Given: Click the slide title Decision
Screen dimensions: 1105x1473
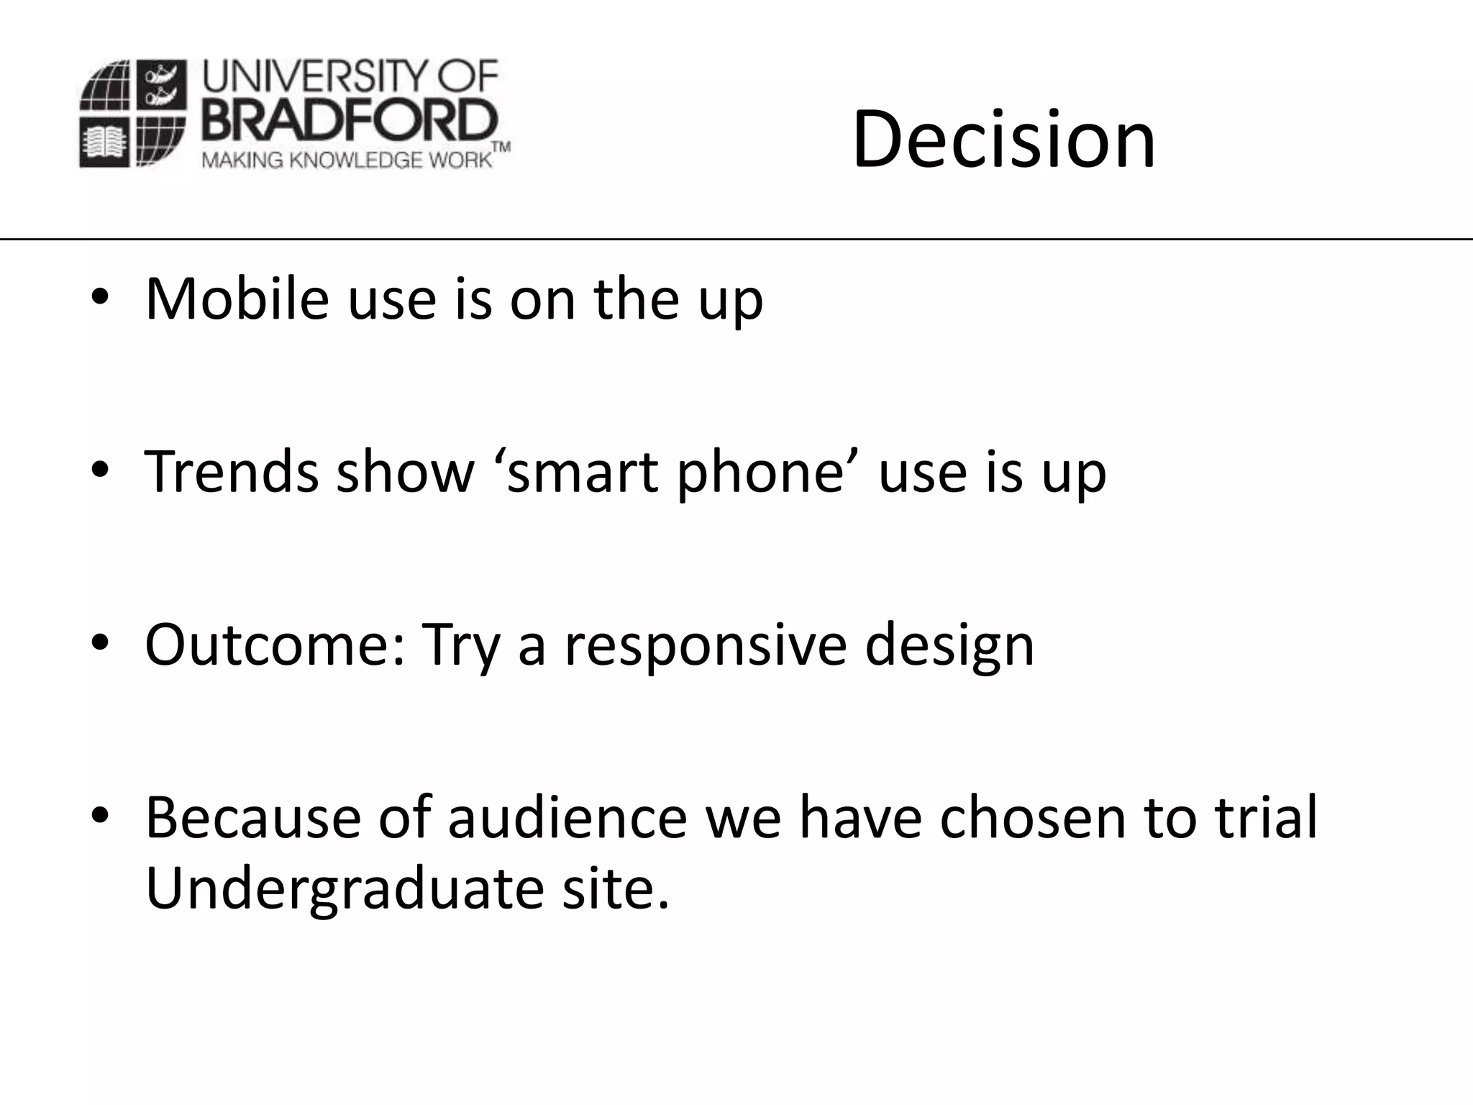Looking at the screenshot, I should pyautogui.click(x=1003, y=140).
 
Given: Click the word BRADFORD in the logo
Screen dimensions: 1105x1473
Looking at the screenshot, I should pyautogui.click(x=350, y=120).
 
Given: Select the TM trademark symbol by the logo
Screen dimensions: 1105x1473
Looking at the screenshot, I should pyautogui.click(x=501, y=147).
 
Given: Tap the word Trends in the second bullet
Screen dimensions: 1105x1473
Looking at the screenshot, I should pyautogui.click(x=230, y=472).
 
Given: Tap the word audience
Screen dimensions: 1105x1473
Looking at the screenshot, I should pyautogui.click(x=567, y=817).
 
